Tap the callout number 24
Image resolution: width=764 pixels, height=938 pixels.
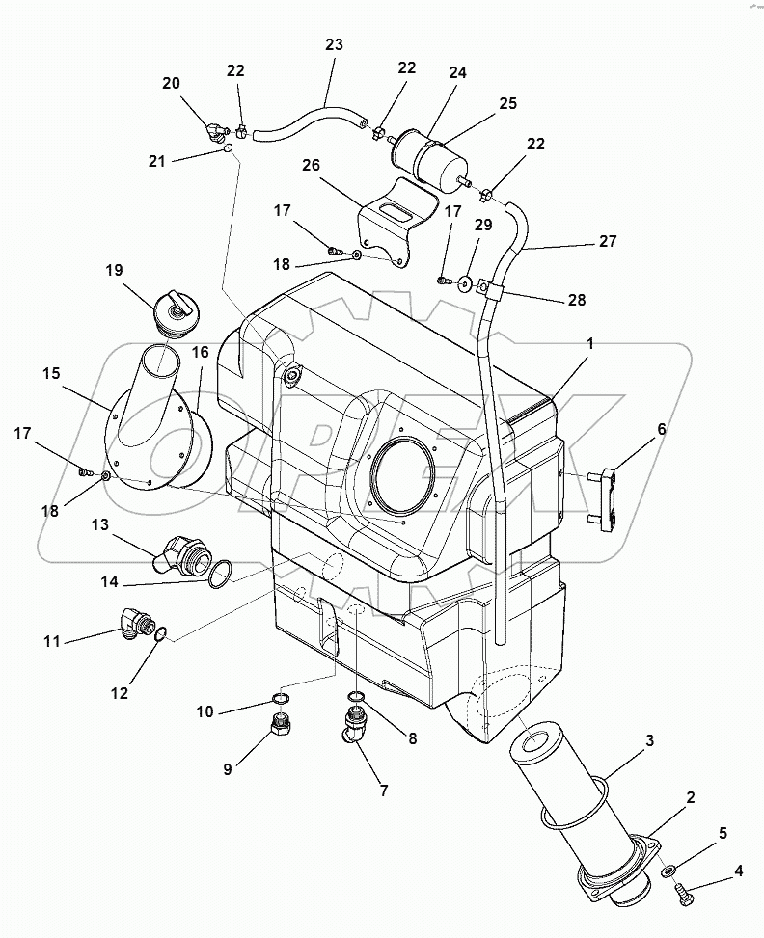click(x=457, y=72)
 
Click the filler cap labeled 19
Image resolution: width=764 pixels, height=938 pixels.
click(x=175, y=315)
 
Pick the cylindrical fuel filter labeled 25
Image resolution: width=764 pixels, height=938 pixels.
click(x=431, y=158)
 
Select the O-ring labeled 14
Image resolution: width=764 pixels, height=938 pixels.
click(x=220, y=575)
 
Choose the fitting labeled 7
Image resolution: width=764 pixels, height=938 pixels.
click(x=353, y=730)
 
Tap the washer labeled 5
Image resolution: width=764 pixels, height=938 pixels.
click(x=668, y=871)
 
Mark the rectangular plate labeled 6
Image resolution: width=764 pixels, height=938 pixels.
click(x=602, y=496)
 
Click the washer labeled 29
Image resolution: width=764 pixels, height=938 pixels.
click(x=465, y=283)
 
